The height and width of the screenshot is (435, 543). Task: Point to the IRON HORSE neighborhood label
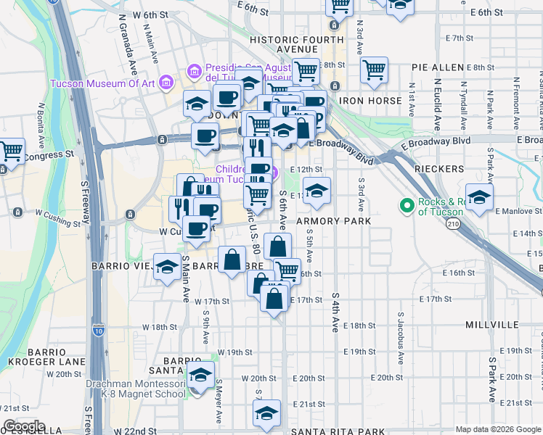pos(371,101)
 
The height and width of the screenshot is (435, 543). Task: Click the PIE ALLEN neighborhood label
pos(437,67)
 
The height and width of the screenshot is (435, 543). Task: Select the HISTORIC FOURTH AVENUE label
pos(295,44)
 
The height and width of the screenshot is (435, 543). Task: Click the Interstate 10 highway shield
pos(98,331)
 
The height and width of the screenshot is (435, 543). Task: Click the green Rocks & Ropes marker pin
pos(407,206)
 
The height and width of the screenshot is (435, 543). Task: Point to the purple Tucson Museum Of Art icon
pos(167,82)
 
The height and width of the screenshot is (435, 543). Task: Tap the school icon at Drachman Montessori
pos(201,375)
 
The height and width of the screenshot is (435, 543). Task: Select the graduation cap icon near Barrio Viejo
pos(167,267)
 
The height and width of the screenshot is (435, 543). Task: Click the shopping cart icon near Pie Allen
pos(374,71)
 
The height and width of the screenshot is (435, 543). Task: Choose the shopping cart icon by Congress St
pos(12,151)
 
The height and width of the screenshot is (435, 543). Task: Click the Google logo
pos(25,427)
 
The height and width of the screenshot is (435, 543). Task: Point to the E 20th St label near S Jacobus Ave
pos(386,378)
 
